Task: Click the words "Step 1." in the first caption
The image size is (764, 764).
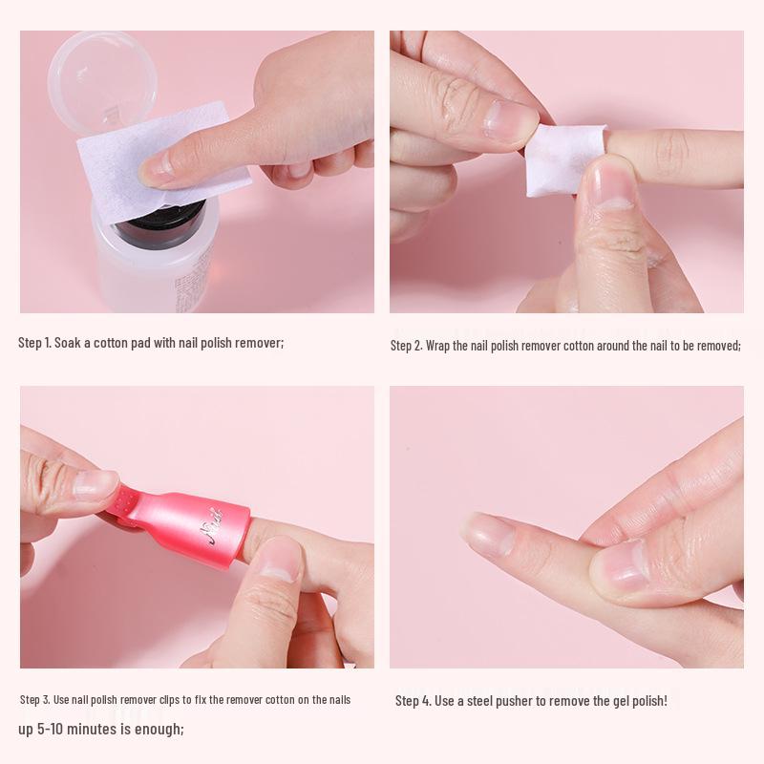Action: coord(34,342)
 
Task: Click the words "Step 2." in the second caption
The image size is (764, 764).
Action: coord(406,345)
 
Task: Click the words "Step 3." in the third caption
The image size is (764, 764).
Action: coord(34,700)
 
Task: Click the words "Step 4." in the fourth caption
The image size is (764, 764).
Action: coord(414,701)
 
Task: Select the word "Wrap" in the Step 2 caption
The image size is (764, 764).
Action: coord(439,345)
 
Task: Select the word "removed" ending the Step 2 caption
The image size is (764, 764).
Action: coord(716,345)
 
